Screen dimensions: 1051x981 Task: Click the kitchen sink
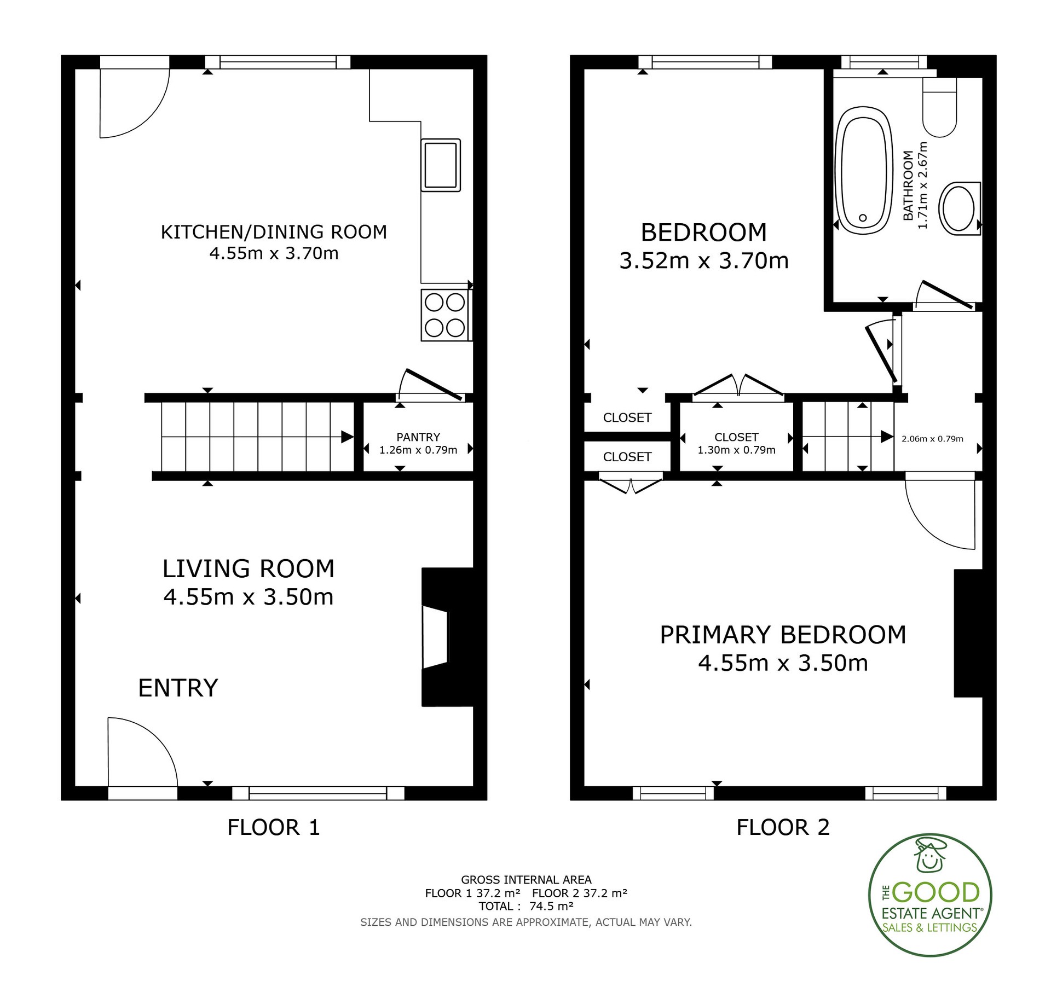(441, 165)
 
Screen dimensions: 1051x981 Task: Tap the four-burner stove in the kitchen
(445, 315)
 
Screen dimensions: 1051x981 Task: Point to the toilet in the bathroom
(939, 107)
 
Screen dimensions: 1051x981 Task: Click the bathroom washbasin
(960, 208)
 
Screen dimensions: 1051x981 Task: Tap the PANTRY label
(418, 437)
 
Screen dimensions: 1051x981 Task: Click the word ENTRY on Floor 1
(178, 688)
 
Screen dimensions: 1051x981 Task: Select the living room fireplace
(447, 637)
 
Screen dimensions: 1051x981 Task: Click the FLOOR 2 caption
(783, 827)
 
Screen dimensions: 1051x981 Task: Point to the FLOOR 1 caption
(273, 827)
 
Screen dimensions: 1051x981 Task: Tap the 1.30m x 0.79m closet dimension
(736, 450)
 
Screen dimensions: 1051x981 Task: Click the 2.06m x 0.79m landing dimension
(932, 439)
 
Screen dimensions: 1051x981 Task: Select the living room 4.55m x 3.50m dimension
(249, 597)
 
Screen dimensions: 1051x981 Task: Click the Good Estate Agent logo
(931, 895)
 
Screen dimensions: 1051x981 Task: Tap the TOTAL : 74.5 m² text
(526, 906)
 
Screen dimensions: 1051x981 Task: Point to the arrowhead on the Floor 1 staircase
(347, 437)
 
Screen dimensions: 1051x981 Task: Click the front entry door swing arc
(155, 737)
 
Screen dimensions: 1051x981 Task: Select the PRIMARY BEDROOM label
(783, 635)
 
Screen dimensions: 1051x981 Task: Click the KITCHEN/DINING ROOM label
(274, 232)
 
